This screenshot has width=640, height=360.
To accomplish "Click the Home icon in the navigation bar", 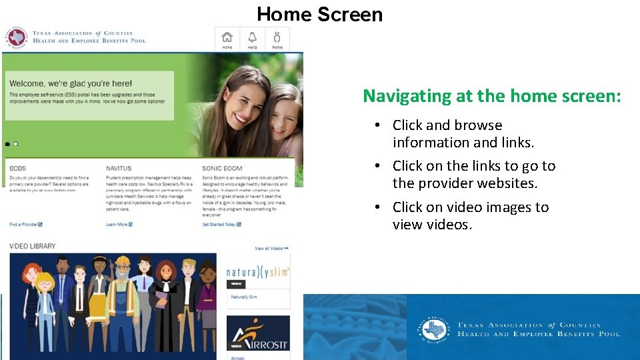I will coord(227,39).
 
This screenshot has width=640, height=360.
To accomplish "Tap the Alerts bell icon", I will coord(252,39).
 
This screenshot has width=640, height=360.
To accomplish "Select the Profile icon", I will coord(277,39).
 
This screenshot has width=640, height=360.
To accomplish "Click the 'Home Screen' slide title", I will coord(319,14).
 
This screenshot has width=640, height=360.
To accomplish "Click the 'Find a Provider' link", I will coord(25,225).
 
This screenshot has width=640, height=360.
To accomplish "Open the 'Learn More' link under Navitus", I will coord(119,225).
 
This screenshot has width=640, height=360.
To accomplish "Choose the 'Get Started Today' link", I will coord(221,225).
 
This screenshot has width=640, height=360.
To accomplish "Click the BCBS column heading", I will coord(17,169).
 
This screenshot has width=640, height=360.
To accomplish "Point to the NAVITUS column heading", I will coord(119,169).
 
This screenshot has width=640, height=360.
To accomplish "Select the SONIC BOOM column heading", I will coord(222,169).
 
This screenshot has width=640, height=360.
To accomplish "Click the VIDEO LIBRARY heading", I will coord(33,247).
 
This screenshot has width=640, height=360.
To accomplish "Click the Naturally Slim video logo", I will coord(258,272).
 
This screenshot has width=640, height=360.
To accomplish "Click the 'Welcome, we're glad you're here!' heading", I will coord(70,84).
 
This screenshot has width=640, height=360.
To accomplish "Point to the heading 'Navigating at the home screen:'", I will coord(491,96).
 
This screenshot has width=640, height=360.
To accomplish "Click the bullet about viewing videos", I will coord(470,216).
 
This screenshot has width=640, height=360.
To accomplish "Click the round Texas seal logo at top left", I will coord(15,37).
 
